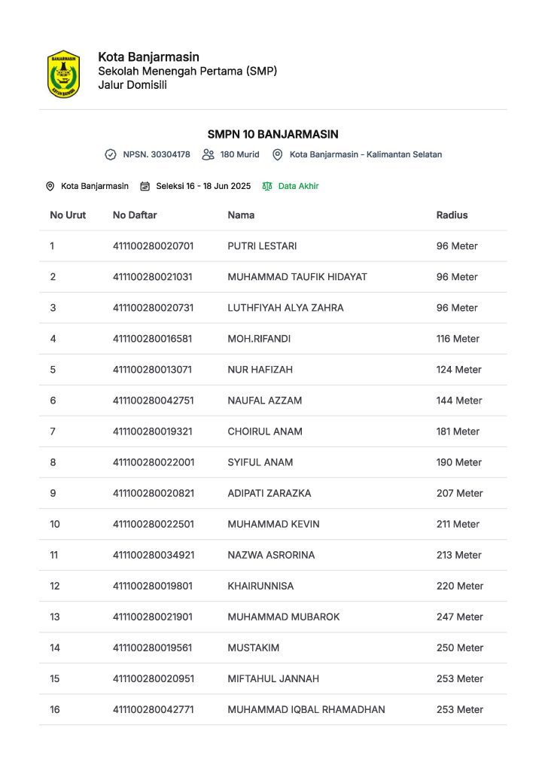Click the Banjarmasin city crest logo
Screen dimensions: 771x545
click(x=63, y=74)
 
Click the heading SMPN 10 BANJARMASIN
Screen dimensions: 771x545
click(x=272, y=134)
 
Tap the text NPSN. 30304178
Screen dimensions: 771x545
click(x=157, y=154)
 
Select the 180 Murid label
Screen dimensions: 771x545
click(x=239, y=154)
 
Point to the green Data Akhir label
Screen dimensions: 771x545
click(x=298, y=186)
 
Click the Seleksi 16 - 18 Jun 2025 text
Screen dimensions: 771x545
click(x=203, y=186)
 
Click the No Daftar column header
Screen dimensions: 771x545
click(x=135, y=215)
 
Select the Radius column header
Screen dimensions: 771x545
click(x=452, y=215)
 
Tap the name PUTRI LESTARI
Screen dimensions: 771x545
click(x=262, y=245)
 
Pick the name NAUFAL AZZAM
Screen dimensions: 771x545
click(x=264, y=401)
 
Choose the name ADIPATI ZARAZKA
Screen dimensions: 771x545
click(x=269, y=493)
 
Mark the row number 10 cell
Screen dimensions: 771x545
click(x=55, y=524)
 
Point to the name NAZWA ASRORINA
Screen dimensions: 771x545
click(x=271, y=555)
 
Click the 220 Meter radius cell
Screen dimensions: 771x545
click(x=459, y=586)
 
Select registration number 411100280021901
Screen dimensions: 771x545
click(x=152, y=617)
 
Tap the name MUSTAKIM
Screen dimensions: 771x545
click(x=253, y=648)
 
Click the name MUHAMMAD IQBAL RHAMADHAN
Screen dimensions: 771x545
click(x=306, y=709)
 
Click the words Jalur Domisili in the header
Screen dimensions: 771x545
click(x=132, y=84)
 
